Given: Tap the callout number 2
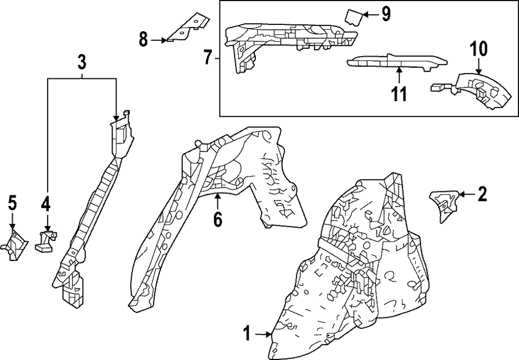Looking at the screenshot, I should point(482,195).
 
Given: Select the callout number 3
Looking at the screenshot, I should point(81,63).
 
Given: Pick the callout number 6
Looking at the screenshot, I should point(217,219).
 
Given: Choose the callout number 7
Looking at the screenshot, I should point(208,57).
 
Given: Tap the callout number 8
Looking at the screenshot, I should point(144,38).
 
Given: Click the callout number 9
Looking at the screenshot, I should point(386,14).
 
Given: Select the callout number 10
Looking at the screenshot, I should point(479,49).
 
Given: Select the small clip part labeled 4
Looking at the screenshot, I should point(45,241).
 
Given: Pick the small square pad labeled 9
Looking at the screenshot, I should point(353,18).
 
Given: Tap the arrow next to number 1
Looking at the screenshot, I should point(263,334).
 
